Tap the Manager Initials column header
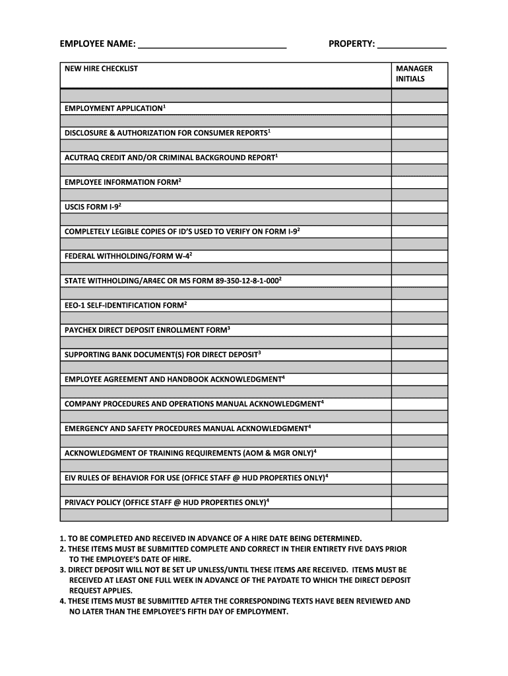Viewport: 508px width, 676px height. [x=414, y=73]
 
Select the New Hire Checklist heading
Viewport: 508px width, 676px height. [x=101, y=69]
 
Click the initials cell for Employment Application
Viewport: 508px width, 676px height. [x=420, y=108]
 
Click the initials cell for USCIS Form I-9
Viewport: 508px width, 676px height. [x=420, y=207]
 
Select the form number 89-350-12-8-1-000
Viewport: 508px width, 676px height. [x=246, y=281]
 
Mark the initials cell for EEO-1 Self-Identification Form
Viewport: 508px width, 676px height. [x=420, y=306]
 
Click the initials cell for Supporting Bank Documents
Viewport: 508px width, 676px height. [x=420, y=355]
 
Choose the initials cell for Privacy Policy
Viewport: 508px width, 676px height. [x=420, y=502]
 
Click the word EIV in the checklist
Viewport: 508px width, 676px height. [x=71, y=478]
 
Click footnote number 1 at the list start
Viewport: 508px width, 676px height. [x=61, y=539]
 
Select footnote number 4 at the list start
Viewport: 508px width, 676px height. [x=61, y=601]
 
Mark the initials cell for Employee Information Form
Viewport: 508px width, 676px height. [x=420, y=182]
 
